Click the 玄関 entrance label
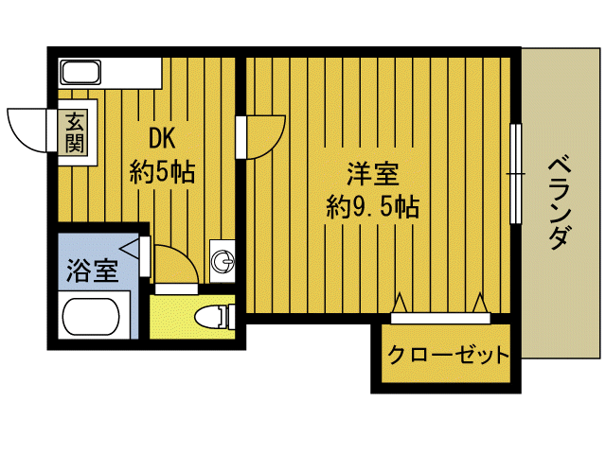click(x=75, y=132)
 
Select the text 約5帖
click(x=162, y=172)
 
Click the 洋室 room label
click(x=372, y=175)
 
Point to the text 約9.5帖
click(x=372, y=206)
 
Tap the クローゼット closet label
click(x=448, y=356)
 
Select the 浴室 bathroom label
click(x=92, y=272)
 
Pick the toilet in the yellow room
click(x=209, y=316)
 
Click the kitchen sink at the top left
click(x=80, y=72)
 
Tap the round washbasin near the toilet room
click(x=223, y=260)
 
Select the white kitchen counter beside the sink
click(x=132, y=71)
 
